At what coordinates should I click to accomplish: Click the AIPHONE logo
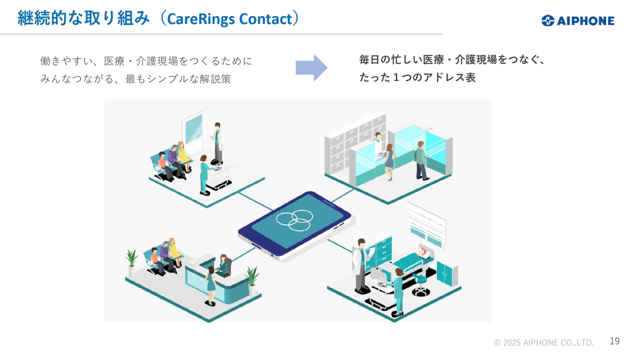[577, 20]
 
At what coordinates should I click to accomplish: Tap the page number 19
[614, 341]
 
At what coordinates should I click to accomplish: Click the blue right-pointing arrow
[311, 67]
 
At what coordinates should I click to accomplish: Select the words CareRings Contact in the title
[229, 19]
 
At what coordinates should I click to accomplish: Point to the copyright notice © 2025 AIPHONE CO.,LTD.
[544, 342]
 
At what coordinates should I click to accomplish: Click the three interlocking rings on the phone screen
[294, 220]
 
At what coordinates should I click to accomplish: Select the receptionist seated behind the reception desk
[224, 264]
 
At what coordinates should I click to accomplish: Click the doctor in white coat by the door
[217, 143]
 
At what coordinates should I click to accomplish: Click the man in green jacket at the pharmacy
[421, 160]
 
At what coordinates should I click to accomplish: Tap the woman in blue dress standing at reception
[211, 285]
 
